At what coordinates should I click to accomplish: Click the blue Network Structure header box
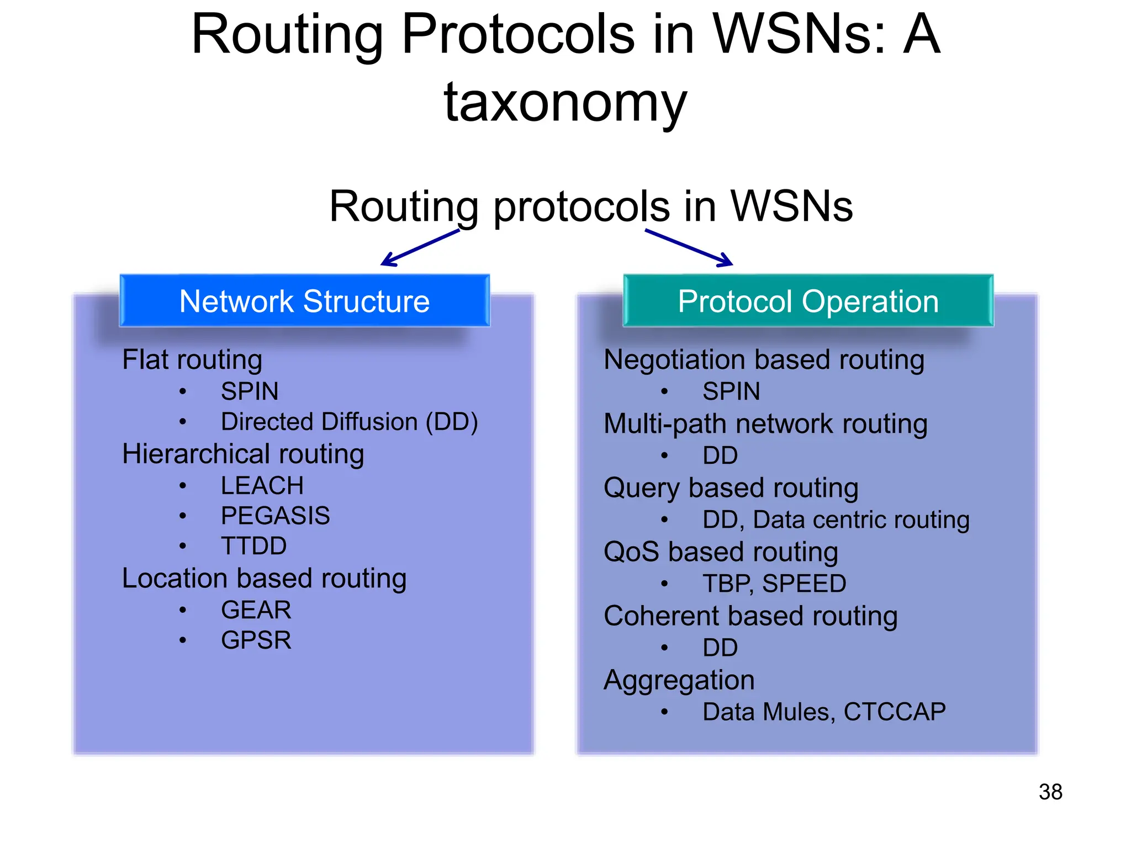pos(304,301)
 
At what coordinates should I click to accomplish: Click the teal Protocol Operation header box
pos(808,301)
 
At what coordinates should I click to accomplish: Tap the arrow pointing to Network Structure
pos(420,248)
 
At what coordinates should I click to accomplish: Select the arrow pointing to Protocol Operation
pos(689,248)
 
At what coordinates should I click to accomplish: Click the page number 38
pos(1050,792)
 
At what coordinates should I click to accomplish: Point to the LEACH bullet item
pos(262,486)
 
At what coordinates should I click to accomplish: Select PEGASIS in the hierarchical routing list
pos(275,516)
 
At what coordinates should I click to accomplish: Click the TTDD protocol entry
pos(253,546)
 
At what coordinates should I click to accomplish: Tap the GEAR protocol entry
pos(256,610)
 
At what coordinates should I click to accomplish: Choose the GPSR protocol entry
pos(256,640)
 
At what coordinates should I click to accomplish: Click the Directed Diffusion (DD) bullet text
pos(349,422)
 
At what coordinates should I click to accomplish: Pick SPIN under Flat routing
pos(250,391)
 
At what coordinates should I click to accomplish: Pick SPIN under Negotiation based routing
pos(731,391)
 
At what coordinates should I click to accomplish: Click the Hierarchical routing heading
pos(243,454)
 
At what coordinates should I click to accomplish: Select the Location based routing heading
pos(264,579)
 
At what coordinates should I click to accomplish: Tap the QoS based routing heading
pos(721,552)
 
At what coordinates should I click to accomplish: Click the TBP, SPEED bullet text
pos(774,584)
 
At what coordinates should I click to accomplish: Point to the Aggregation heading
pos(679,680)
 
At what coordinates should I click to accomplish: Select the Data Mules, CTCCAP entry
pos(823,712)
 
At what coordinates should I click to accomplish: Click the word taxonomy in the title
pos(565,102)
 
